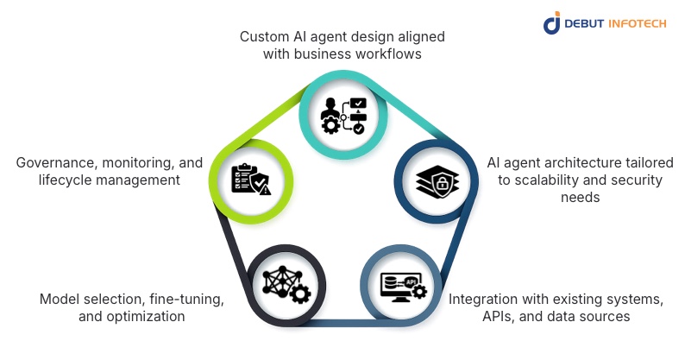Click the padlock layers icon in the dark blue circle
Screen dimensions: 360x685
pos(438,181)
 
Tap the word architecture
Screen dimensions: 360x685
pos(566,161)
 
